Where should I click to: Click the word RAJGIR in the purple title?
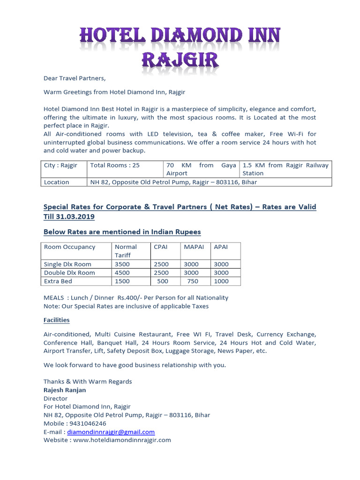[180, 60]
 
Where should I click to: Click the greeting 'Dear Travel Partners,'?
[75, 78]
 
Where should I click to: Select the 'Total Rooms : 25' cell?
[115, 165]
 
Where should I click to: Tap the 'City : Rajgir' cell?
[60, 165]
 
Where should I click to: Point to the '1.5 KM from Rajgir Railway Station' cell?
[285, 169]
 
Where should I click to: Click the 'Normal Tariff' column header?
[126, 251]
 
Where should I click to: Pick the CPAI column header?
[161, 247]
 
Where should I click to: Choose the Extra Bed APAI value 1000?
[221, 281]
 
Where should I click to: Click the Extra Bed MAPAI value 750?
[193, 281]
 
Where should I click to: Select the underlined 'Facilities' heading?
[57, 320]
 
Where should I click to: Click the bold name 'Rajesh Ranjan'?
[65, 390]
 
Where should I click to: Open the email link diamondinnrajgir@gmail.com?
[111, 432]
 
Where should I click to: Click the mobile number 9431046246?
[92, 423]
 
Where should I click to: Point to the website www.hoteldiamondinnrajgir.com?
[121, 440]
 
